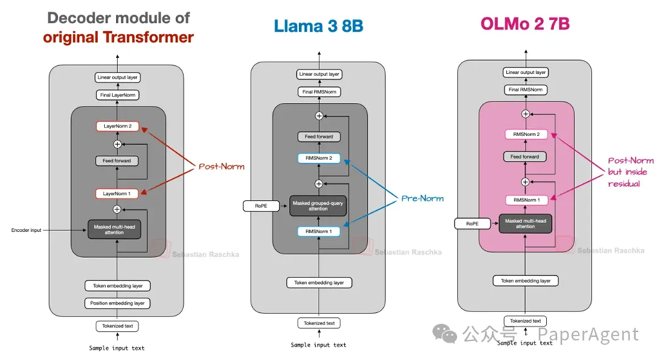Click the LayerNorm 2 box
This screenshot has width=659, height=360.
(117, 127)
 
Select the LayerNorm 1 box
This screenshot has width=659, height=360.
(117, 194)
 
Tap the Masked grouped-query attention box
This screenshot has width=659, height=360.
(319, 206)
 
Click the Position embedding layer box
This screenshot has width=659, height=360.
(117, 303)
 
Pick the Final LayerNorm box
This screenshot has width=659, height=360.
(117, 95)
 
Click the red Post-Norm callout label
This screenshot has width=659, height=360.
(222, 167)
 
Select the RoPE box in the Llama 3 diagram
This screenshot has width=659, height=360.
(261, 206)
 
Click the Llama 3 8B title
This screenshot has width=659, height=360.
(319, 28)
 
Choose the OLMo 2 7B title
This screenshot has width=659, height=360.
(525, 24)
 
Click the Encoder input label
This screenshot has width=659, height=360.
(27, 230)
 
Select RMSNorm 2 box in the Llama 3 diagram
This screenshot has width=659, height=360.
(319, 158)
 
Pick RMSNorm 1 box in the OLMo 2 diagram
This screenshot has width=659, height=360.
(526, 200)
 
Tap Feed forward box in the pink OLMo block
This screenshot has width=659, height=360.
(526, 156)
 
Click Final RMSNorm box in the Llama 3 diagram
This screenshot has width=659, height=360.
(319, 91)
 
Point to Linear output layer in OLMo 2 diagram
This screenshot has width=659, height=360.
(526, 72)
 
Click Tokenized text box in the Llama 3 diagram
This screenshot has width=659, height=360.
(319, 323)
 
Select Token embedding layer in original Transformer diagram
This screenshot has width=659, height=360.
(117, 286)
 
